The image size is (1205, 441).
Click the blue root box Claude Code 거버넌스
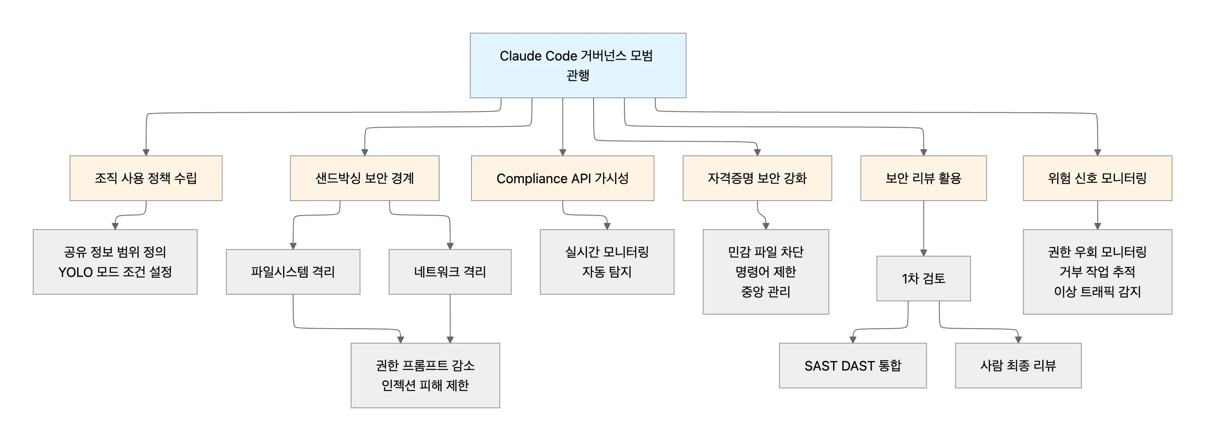click(578, 65)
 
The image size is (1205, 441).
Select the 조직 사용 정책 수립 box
click(146, 178)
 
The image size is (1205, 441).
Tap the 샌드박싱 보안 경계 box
click(364, 178)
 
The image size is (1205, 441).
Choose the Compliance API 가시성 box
click(562, 178)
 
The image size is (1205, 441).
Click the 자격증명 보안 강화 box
click(757, 178)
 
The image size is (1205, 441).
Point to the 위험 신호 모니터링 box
click(1097, 178)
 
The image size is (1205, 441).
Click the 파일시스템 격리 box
click(293, 271)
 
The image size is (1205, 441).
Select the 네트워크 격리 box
click(450, 271)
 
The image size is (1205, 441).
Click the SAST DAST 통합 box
click(852, 365)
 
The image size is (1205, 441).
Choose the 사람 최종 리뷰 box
click(1018, 365)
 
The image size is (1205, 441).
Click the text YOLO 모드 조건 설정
click(115, 272)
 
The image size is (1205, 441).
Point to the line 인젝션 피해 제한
click(425, 385)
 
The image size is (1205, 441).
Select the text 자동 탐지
click(607, 272)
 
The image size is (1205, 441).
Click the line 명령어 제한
click(765, 272)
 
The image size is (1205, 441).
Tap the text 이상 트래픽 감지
click(1097, 292)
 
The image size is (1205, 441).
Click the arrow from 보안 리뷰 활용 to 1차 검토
click(924, 229)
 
